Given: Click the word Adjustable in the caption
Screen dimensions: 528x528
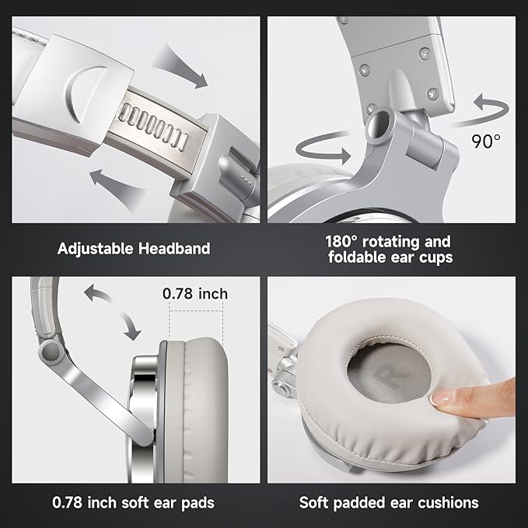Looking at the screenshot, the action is pos(96,249).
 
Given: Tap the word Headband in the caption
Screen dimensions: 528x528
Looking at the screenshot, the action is pos(174,249).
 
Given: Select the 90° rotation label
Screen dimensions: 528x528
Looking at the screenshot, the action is pos(486,142).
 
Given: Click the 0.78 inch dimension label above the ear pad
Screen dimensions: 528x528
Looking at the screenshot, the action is pos(195,294).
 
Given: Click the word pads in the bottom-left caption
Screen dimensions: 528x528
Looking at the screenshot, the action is pos(198,503).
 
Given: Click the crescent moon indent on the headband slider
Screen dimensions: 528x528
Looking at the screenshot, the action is pos(81,91).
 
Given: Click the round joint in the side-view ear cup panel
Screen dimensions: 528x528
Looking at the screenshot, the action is pos(51,352).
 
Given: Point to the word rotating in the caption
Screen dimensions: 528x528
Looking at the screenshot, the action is pos(390,243).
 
